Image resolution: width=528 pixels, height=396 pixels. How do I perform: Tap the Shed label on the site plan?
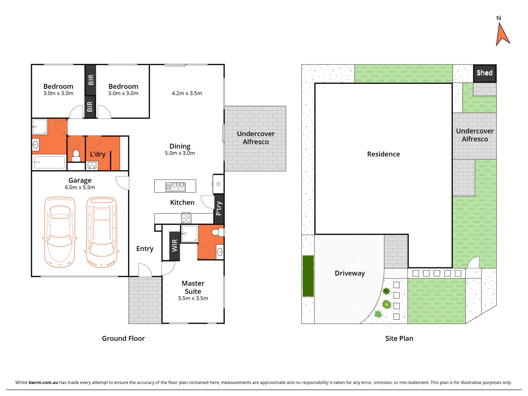(x=484, y=73)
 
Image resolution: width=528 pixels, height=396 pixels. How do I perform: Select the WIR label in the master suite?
(x=175, y=246)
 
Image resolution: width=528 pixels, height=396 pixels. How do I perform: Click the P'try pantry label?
(x=219, y=208)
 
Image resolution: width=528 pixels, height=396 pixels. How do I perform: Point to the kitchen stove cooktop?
(x=186, y=218)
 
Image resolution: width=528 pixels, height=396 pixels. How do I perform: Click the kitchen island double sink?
(x=176, y=187)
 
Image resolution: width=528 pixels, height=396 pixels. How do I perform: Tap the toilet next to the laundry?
(x=76, y=155)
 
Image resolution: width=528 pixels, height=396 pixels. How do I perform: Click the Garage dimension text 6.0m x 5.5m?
(x=80, y=187)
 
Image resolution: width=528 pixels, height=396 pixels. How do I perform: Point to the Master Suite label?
(x=193, y=287)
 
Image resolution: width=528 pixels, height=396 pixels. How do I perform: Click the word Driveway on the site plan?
(x=350, y=273)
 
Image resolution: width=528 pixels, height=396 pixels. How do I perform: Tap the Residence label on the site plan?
(x=383, y=154)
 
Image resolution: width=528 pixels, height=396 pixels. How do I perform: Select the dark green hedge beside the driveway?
(x=308, y=276)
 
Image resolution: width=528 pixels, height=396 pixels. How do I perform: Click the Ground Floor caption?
(x=123, y=338)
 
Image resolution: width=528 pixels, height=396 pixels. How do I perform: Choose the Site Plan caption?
(x=399, y=338)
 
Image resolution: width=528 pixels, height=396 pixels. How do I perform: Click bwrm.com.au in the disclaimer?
(x=43, y=382)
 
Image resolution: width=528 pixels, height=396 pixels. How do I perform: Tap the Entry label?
(x=145, y=249)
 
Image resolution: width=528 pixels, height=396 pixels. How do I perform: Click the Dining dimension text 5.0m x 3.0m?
(x=180, y=153)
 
